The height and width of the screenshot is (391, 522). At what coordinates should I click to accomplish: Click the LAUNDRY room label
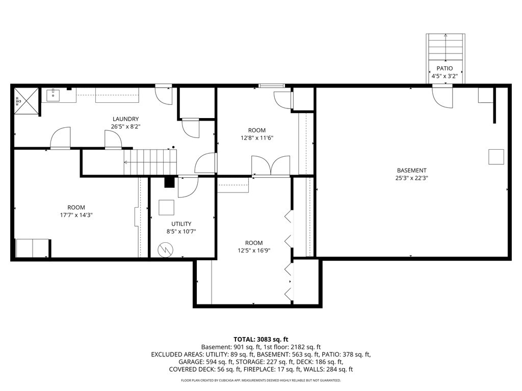pos(125,119)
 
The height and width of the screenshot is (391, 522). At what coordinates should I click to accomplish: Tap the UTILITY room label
pos(181,224)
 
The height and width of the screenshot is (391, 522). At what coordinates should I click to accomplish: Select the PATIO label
pos(445,69)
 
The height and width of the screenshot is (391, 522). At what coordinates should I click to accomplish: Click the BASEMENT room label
pos(411,171)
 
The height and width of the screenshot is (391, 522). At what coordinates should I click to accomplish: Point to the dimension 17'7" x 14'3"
pos(76,215)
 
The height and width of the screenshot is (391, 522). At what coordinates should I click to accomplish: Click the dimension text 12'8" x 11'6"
pos(257,138)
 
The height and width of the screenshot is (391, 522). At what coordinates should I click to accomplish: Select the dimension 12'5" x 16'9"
pos(254,250)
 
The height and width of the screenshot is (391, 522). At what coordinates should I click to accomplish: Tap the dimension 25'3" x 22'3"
pos(411,178)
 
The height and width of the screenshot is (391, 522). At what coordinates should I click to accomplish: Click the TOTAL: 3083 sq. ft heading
pos(260,340)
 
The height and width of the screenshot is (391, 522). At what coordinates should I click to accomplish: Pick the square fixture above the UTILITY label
pos(166,208)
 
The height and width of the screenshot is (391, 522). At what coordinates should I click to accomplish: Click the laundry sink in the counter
pos(53,95)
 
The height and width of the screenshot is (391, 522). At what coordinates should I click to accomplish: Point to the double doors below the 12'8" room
pos(271,165)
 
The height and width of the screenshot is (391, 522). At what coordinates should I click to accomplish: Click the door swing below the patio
pos(442,96)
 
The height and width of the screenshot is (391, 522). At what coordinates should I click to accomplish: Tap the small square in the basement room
pos(496,157)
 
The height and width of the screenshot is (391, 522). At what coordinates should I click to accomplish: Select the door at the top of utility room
pos(188,187)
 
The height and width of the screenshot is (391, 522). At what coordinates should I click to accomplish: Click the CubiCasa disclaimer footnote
pos(260,380)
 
